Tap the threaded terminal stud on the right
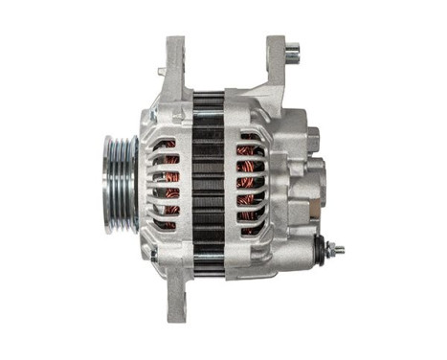pyautogui.click(x=336, y=251)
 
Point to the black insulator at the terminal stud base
pyautogui.click(x=318, y=250)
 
